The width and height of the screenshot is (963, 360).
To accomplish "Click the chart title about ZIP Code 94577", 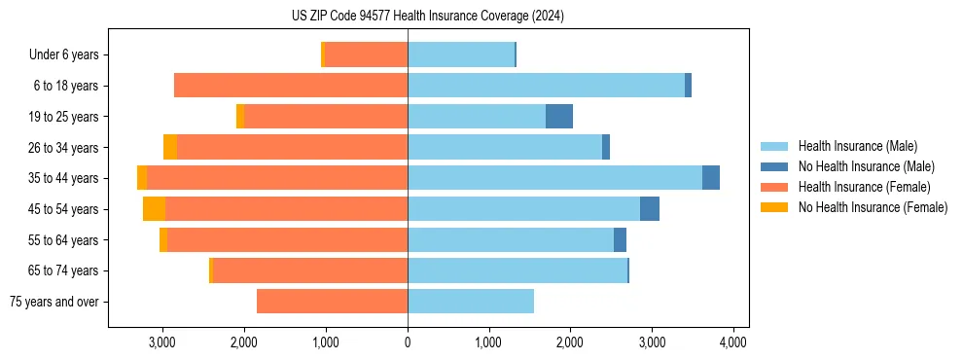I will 427,17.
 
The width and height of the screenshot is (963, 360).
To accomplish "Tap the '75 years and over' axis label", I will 53,302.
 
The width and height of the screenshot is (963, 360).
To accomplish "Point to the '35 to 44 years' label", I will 63,178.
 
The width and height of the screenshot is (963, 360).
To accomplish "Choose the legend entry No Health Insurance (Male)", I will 866,166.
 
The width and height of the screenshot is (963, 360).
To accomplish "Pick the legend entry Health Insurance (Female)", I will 864,187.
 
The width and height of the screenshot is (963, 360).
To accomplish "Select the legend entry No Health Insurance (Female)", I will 873,207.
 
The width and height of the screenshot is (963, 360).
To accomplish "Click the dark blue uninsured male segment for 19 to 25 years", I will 559,117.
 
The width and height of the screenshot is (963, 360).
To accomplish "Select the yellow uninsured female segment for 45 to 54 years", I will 154,209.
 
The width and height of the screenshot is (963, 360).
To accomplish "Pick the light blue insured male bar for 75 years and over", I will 471,302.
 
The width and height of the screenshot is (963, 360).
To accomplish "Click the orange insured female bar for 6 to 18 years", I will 291,86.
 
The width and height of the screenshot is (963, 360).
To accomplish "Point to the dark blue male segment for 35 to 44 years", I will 711,178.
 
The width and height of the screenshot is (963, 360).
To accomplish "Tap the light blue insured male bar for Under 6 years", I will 461,55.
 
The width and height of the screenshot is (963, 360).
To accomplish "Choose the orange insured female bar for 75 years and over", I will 332,302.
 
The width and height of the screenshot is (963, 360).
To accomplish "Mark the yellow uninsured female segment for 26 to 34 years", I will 170,148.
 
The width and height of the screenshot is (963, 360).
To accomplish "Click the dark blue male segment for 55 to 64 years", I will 620,240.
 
